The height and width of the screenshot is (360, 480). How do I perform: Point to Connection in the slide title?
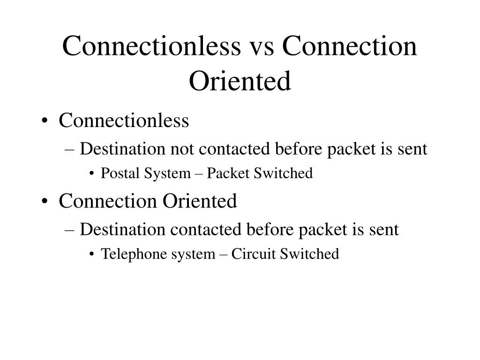(x=350, y=47)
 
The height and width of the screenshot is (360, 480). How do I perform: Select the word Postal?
(x=116, y=173)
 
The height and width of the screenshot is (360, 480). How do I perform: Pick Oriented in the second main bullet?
(x=200, y=202)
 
